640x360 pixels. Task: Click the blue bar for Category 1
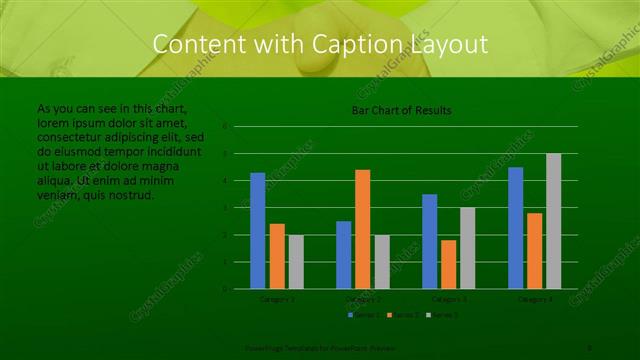(258, 231)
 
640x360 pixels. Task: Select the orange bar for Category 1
(277, 256)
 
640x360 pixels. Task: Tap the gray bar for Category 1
(296, 262)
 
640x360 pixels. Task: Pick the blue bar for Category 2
(344, 255)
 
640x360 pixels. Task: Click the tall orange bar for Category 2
(363, 229)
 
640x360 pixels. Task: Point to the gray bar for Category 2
(382, 262)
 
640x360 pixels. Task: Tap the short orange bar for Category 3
(449, 264)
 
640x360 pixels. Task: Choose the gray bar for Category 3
(468, 248)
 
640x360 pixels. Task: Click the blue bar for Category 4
(516, 228)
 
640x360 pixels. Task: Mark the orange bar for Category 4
(535, 251)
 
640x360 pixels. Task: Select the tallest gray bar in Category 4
(554, 221)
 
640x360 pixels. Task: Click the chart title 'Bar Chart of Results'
(401, 110)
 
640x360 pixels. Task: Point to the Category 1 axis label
(277, 299)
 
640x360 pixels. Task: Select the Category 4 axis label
(535, 299)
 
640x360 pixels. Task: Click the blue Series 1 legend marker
(351, 315)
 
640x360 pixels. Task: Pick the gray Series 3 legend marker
(429, 315)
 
